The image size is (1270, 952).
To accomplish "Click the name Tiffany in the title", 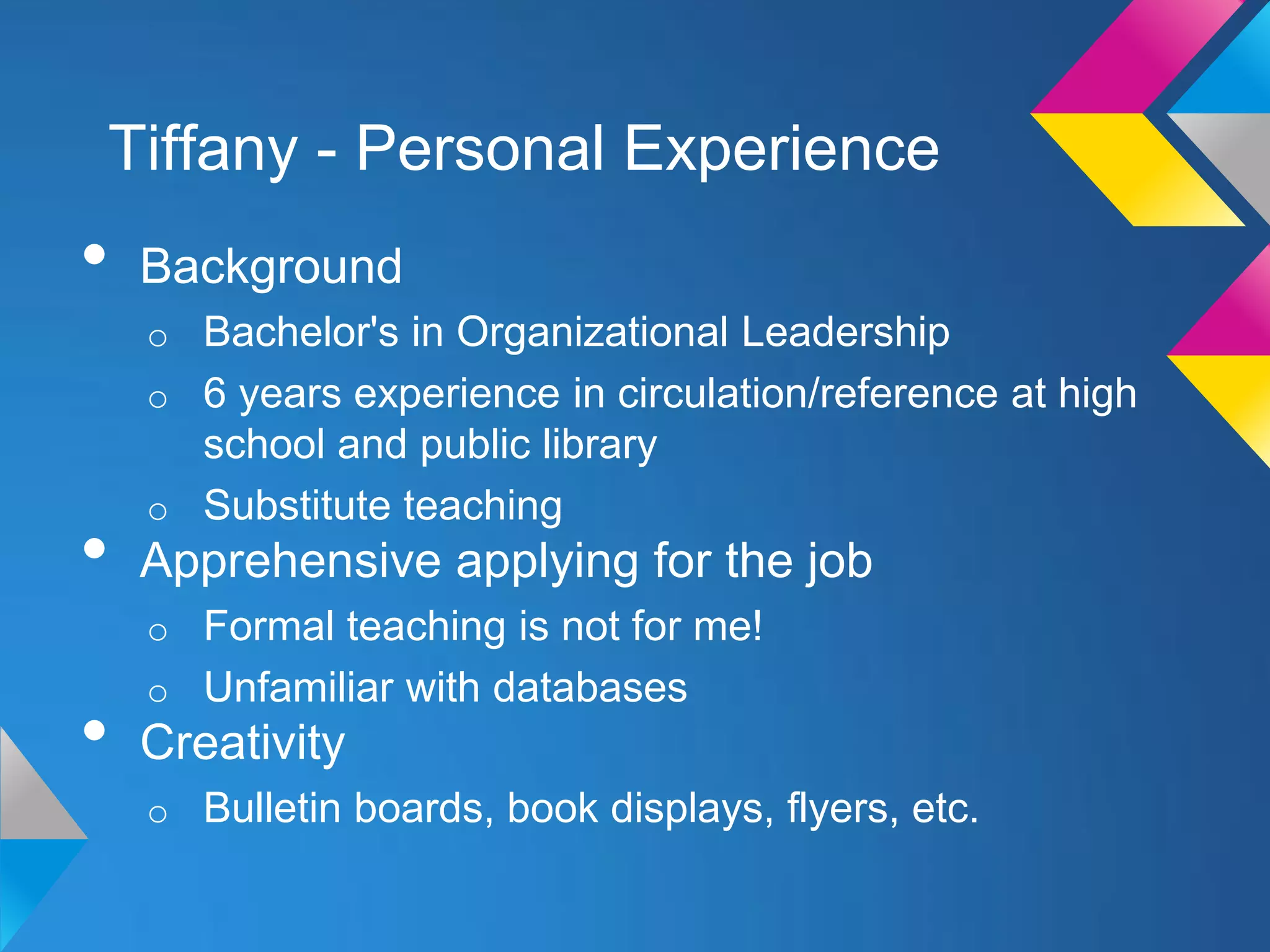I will [x=203, y=149].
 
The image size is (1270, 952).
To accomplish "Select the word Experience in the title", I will [x=781, y=149].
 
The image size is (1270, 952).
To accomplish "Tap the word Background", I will [x=271, y=267].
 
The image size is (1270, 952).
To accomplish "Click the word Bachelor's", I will [x=301, y=332].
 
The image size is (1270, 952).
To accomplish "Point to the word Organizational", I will [x=592, y=332].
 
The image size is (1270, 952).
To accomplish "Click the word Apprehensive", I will [x=290, y=561].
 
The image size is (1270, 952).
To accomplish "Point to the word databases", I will [x=590, y=687].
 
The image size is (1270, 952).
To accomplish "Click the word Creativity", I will [x=242, y=743].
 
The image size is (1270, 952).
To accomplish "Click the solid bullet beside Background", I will [x=94, y=254].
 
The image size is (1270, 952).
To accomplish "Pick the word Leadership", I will [x=845, y=332].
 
